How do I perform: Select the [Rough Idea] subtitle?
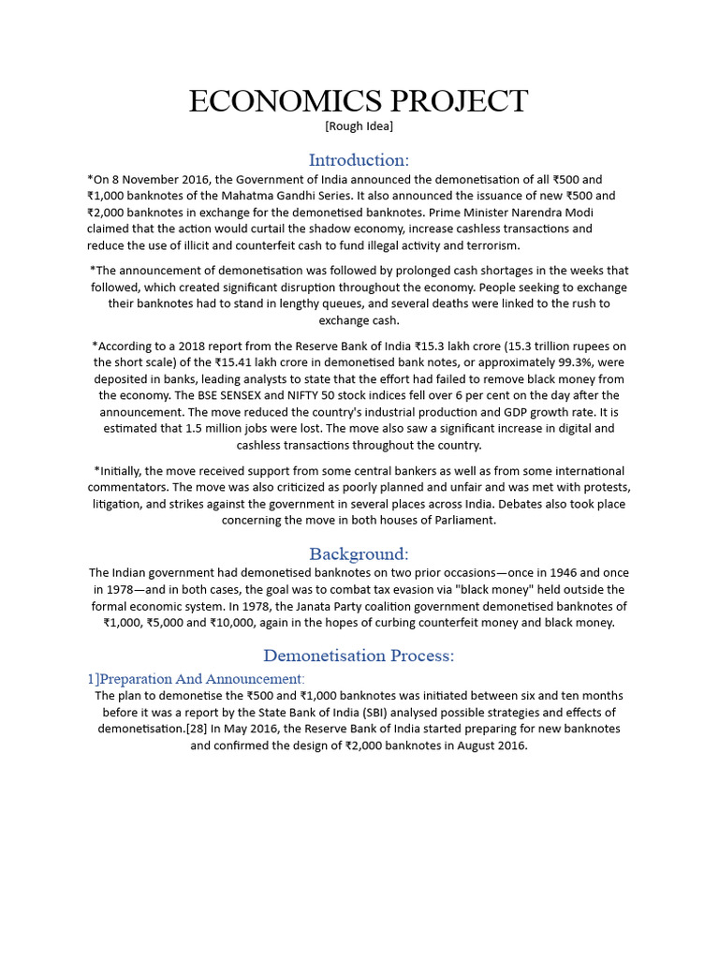coord(359,126)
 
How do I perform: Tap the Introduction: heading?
coord(359,159)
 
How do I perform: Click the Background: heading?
coord(359,553)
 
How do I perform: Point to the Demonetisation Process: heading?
coord(359,656)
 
